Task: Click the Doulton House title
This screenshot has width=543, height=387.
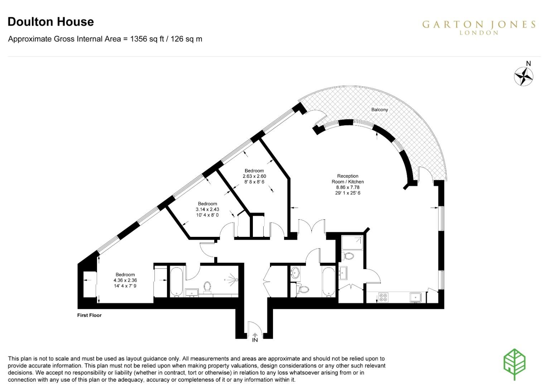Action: (x=51, y=22)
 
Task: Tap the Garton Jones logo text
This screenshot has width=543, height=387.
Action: (x=479, y=25)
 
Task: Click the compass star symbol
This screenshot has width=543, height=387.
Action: (x=523, y=77)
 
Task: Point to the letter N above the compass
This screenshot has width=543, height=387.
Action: (x=528, y=64)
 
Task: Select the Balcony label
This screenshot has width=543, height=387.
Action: (x=379, y=110)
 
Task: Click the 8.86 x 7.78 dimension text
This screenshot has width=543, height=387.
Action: (x=347, y=187)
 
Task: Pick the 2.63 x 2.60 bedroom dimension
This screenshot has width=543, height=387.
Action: (x=254, y=176)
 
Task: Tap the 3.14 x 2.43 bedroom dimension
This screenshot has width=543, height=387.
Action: (x=207, y=209)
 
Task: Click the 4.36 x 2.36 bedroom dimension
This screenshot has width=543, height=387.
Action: (x=125, y=280)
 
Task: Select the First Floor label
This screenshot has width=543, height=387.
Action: (x=89, y=315)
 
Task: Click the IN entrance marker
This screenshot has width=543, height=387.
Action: (x=255, y=340)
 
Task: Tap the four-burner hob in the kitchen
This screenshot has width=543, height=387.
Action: (x=383, y=297)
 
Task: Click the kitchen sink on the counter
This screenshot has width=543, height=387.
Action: (x=415, y=297)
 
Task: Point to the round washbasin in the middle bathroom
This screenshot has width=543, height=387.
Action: (x=295, y=273)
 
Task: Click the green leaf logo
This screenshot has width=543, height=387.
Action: (x=514, y=363)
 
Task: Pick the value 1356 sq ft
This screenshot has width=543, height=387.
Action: (x=147, y=39)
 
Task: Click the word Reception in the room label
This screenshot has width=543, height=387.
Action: (x=347, y=176)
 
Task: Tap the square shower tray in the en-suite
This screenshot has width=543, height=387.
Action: (x=352, y=243)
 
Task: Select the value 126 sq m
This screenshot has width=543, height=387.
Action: (x=186, y=39)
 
